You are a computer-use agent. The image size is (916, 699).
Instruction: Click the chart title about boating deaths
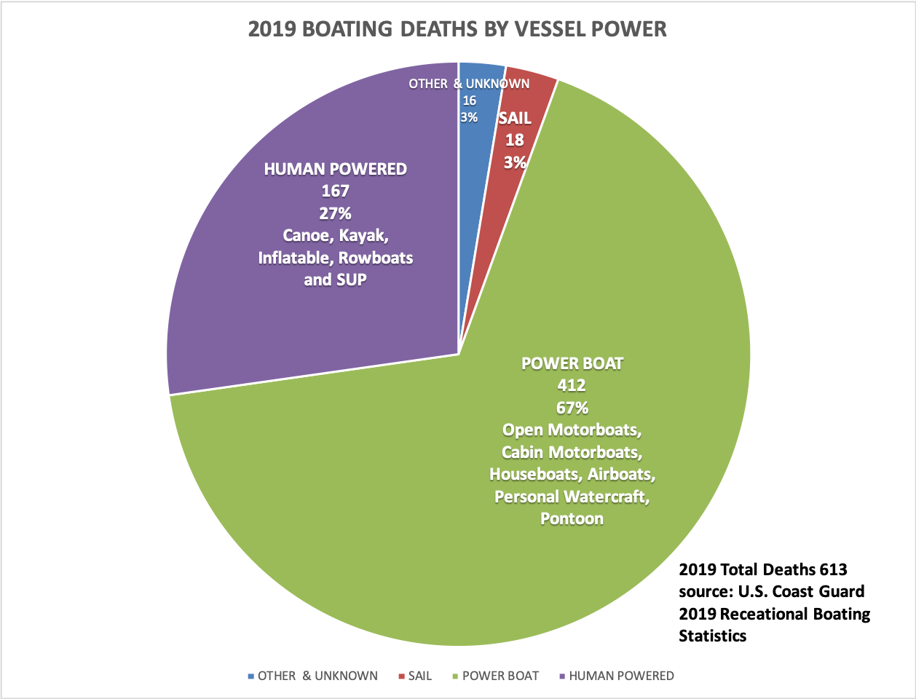[x=457, y=29]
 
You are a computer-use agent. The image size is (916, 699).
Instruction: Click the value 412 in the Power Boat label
[x=572, y=385]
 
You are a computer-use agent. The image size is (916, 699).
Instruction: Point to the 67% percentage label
[x=572, y=408]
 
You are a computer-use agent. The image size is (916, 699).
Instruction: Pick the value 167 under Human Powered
[x=335, y=191]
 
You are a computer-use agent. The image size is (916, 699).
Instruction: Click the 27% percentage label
[x=335, y=213]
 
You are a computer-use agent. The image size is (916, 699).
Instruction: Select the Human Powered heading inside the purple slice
[x=335, y=169]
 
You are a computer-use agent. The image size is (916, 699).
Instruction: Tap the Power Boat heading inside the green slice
[x=572, y=363]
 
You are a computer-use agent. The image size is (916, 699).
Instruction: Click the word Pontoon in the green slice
[x=572, y=519]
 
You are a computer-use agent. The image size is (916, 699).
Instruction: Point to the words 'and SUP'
[x=335, y=280]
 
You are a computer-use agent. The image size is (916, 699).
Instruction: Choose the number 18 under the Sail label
[x=515, y=140]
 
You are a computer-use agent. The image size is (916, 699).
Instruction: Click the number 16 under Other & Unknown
[x=469, y=100]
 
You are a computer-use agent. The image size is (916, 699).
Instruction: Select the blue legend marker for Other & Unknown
[x=251, y=676]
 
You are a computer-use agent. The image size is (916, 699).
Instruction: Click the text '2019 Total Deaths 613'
[x=763, y=569]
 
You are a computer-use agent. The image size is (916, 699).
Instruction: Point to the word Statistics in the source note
[x=712, y=636]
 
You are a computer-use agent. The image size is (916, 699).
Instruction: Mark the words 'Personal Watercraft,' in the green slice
[x=572, y=497]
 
